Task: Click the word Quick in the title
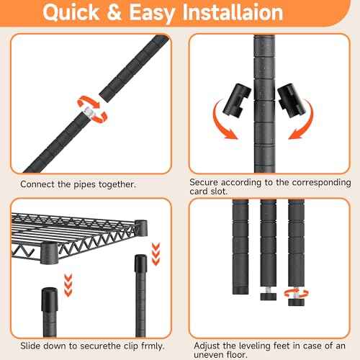71,13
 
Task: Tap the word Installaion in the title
233,12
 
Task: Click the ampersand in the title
114,12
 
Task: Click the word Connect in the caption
37,184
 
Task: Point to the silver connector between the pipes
89,112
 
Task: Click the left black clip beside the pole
237,100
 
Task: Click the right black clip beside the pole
292,100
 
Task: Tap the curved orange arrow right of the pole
303,120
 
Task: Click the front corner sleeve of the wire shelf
49,253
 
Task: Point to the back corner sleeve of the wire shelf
141,227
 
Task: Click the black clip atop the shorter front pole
50,300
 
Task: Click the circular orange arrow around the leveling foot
296,294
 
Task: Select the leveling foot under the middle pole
268,294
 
